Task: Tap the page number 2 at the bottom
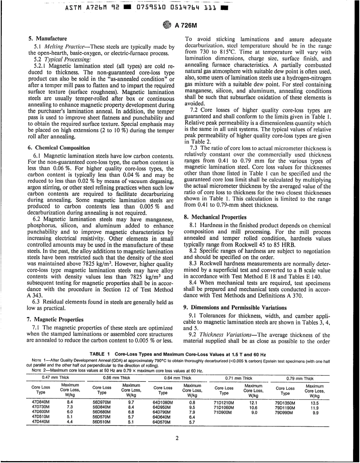(x=177, y=439)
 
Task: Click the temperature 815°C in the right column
(x=228, y=52)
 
